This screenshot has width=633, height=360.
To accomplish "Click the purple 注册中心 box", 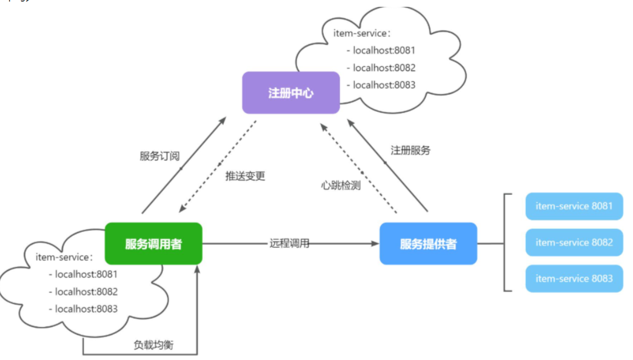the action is pos(291,93).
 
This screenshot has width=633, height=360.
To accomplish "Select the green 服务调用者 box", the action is pos(154,243).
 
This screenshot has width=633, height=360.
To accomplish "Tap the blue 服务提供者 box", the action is pos(428,243).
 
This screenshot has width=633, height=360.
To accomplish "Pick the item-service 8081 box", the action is pos(574,206).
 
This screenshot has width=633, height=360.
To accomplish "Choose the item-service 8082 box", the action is pos(574,242).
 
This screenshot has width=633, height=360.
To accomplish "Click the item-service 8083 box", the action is pos(574,278).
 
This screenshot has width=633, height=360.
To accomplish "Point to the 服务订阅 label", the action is pos(160,156).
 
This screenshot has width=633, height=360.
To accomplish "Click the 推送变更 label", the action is pos(245,176).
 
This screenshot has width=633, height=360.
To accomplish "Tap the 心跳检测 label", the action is pos(341,185).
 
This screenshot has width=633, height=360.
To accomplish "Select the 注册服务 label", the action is pos(411,150).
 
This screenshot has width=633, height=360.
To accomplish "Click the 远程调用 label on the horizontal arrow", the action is pos(289,243).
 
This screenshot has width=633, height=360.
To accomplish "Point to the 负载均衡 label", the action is pos(154,345).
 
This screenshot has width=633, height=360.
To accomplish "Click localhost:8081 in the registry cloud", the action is pos(384,50).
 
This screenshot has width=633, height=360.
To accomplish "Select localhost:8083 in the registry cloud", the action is pos(384,85).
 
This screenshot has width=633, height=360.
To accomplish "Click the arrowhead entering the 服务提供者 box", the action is pos(376,243).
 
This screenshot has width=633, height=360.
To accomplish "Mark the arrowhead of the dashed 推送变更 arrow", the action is pos(182,208).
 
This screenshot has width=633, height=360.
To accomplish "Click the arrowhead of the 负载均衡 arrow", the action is pos(197,269).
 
